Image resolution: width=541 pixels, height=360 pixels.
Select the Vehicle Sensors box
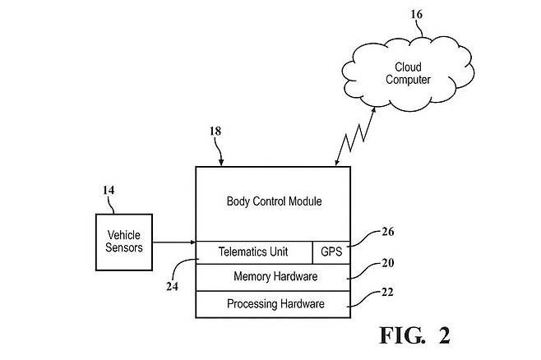point(124,241)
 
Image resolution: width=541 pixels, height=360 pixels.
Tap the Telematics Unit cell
point(252,251)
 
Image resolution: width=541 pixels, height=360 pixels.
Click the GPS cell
point(332,251)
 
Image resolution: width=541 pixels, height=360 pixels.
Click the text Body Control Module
point(273,201)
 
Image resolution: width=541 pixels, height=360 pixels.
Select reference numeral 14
point(109,191)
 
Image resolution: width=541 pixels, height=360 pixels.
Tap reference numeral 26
point(388,232)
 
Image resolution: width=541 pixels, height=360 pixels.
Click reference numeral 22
point(386,293)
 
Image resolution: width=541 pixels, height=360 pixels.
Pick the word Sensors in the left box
point(125,247)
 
